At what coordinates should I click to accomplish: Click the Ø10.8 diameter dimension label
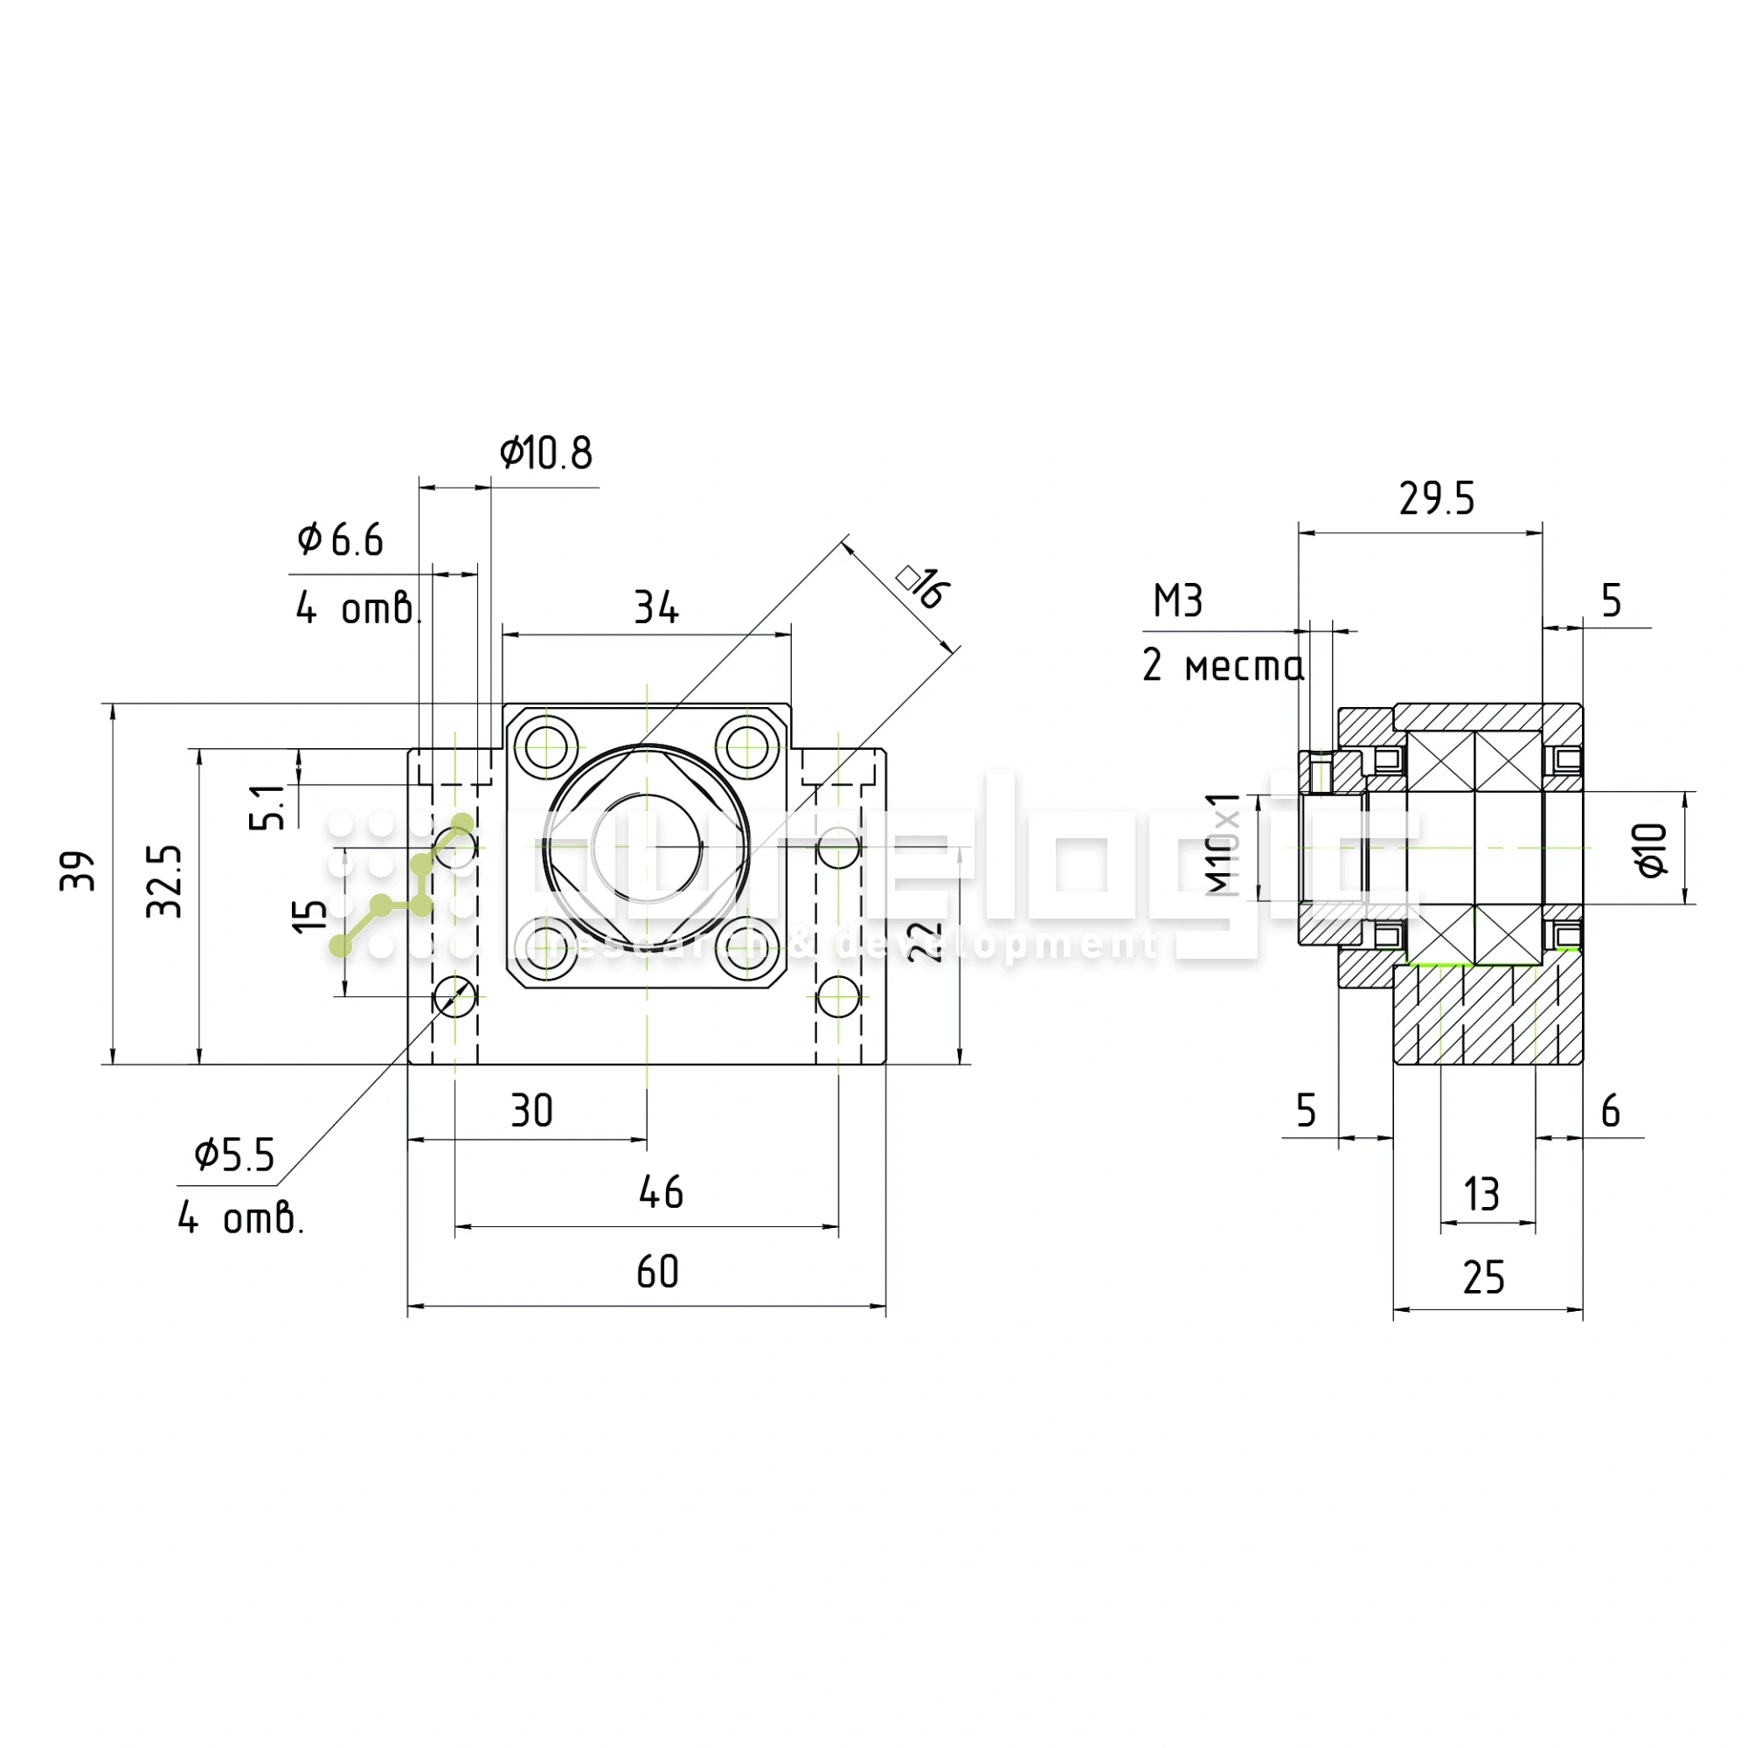[x=545, y=454]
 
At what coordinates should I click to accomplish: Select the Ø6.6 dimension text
[x=340, y=540]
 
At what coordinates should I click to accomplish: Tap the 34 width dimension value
[x=656, y=608]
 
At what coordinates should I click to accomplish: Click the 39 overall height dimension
[x=78, y=871]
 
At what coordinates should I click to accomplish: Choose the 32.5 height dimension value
[x=164, y=881]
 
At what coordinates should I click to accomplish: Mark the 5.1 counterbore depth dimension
[x=267, y=807]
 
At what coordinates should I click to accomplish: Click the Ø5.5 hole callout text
[x=234, y=1155]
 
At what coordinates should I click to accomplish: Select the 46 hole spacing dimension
[x=661, y=1192]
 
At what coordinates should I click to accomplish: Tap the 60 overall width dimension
[x=658, y=1272]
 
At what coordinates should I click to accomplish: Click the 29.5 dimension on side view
[x=1437, y=499]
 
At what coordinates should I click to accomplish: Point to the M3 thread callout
[x=1178, y=601]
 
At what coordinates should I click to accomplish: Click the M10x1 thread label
[x=1224, y=845]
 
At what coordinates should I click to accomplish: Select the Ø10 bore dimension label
[x=1652, y=850]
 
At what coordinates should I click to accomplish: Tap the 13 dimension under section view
[x=1482, y=1194]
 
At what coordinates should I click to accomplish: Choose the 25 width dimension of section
[x=1484, y=1278]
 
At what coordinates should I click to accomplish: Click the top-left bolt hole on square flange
[x=545, y=747]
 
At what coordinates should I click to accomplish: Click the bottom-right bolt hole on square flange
[x=747, y=949]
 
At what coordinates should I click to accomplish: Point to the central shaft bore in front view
[x=647, y=848]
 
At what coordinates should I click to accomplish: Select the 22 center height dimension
[x=925, y=942]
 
